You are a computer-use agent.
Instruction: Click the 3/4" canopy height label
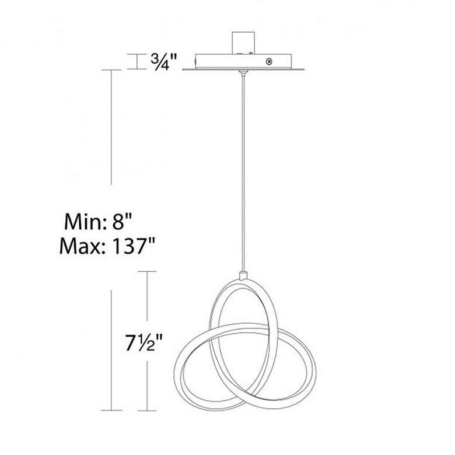tap(163, 61)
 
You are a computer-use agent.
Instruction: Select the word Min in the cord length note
tap(82, 222)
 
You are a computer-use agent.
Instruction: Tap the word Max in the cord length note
tap(80, 246)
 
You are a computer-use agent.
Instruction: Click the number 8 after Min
tap(118, 222)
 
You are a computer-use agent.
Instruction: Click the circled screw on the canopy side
tap(269, 61)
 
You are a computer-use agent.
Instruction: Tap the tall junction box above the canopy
tap(243, 43)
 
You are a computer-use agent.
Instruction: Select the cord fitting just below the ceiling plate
tap(243, 72)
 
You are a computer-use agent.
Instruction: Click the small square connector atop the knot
tap(243, 275)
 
